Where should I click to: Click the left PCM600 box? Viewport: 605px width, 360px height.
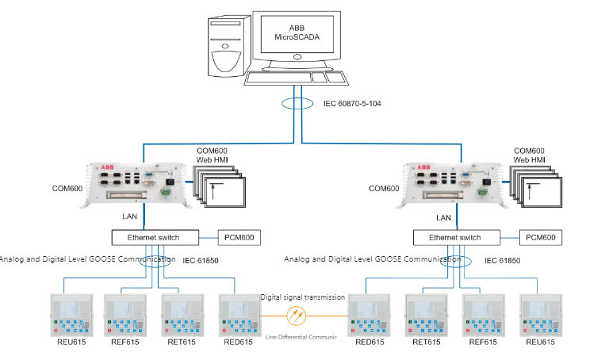pyautogui.click(x=238, y=237)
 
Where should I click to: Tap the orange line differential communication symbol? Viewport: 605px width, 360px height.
pyautogui.click(x=297, y=315)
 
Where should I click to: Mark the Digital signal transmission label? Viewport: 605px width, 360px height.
pyautogui.click(x=302, y=297)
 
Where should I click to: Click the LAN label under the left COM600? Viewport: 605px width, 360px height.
pyautogui.click(x=132, y=216)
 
